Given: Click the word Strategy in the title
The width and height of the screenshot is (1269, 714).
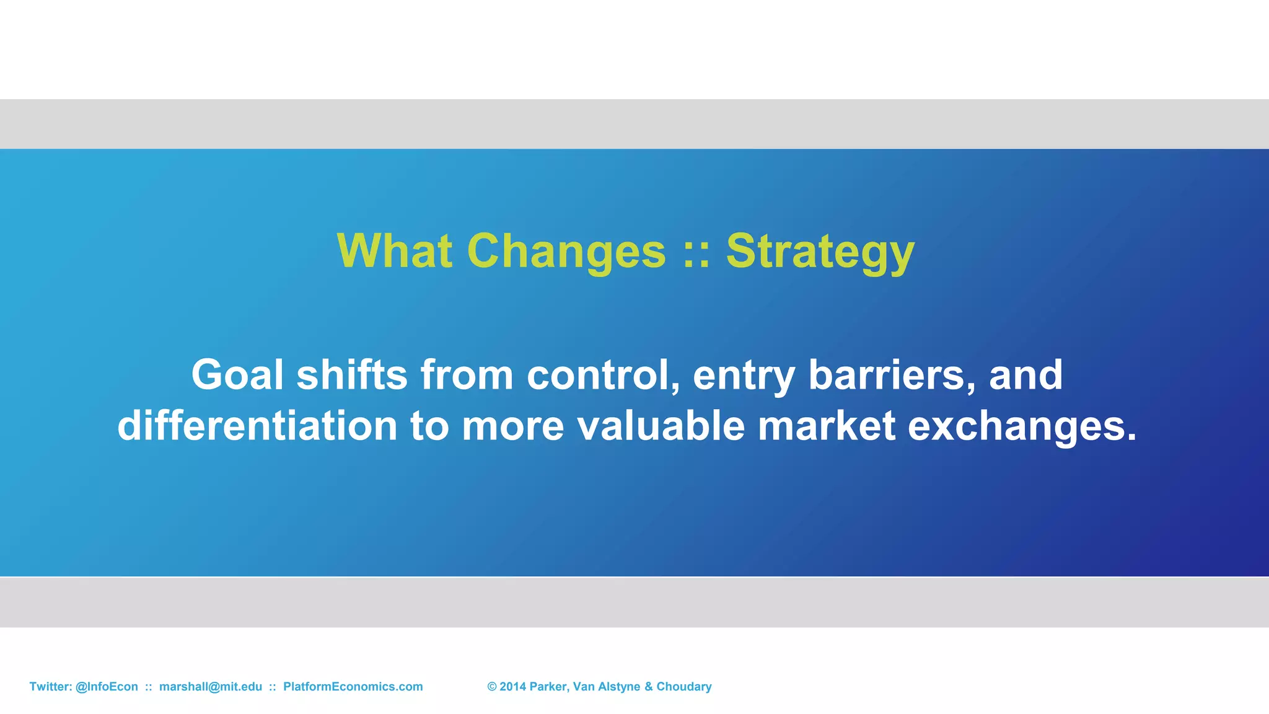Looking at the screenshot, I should coord(820,251).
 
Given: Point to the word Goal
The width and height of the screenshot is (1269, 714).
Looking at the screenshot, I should coord(237,375).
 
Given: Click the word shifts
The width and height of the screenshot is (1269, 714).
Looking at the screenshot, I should coord(352,375).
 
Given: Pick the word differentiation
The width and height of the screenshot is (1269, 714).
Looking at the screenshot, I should coord(257,426).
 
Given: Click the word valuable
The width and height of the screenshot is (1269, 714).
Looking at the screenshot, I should coord(661,426).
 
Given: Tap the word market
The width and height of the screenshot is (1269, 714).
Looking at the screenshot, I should coord(827,426).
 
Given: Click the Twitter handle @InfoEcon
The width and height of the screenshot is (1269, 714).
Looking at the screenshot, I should coord(107,687).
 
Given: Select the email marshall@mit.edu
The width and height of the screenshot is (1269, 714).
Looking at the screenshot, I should coord(211,687).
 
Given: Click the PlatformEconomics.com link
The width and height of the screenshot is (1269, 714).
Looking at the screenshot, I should coord(353,687).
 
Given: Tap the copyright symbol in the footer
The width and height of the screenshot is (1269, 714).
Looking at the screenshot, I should coord(492,687).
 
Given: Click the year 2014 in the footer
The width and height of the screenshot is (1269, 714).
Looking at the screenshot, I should coord(512,687).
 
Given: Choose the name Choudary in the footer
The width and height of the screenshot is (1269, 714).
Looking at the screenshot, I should coord(683,687).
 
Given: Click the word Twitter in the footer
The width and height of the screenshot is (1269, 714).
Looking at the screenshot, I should coord(50,687).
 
